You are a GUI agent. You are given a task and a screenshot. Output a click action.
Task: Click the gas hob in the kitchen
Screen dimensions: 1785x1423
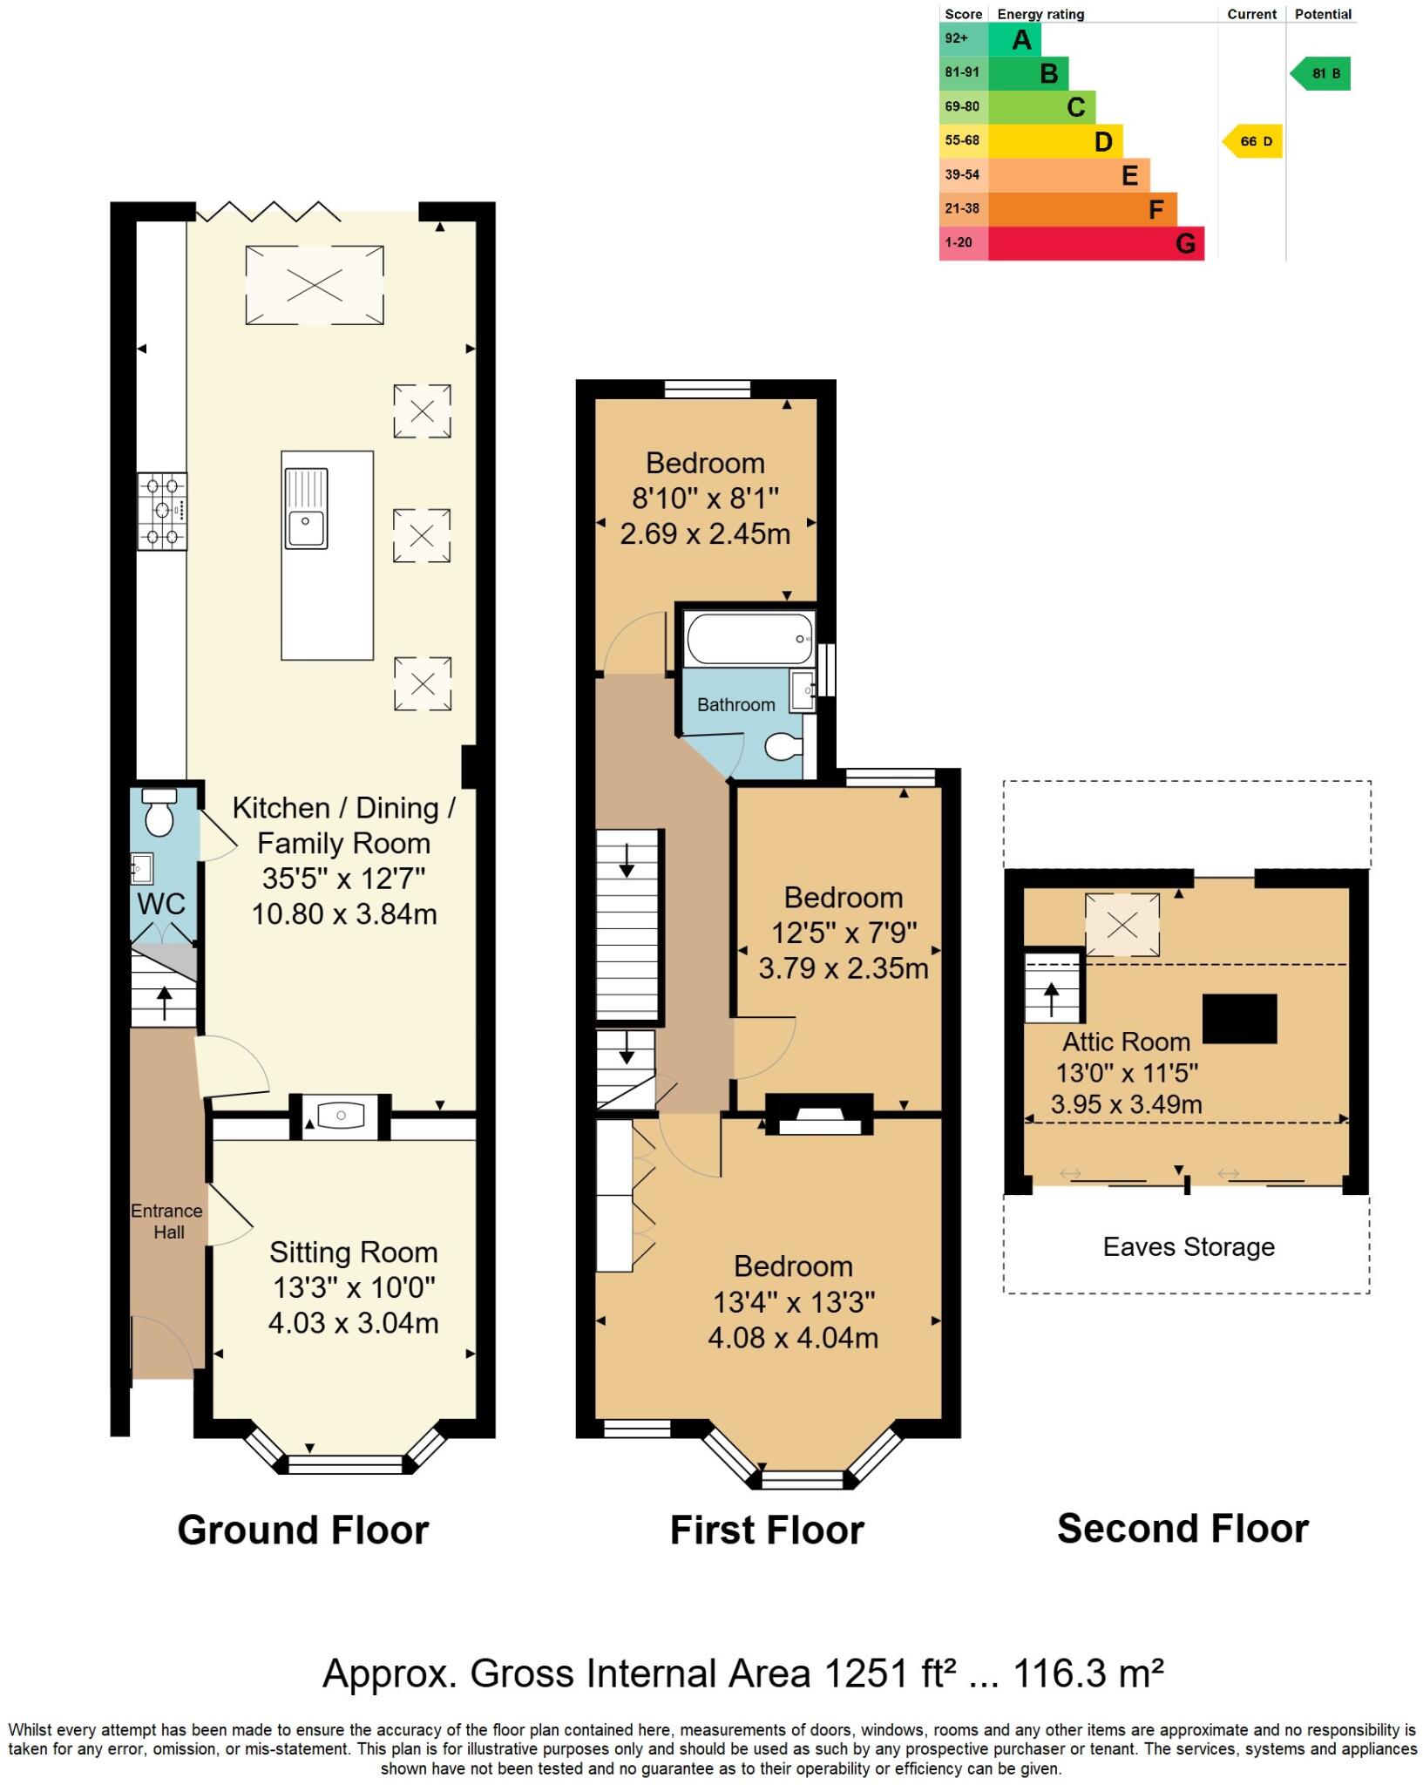162,511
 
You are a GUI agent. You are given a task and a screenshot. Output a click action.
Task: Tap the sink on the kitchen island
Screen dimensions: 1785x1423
306,509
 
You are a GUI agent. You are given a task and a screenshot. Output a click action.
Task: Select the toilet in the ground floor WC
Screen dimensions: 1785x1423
159,814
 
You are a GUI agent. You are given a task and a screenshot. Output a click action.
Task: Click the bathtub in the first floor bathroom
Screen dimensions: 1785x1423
749,639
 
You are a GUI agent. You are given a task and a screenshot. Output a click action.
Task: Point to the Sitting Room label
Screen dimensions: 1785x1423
353,1252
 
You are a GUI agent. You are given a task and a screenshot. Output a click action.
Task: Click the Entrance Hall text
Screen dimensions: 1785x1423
166,1221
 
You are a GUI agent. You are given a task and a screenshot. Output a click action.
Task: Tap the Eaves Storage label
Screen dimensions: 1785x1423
1189,1247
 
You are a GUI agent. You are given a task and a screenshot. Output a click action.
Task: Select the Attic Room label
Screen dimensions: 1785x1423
1126,1042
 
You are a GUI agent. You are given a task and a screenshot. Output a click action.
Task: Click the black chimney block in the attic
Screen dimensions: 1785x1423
1239,1019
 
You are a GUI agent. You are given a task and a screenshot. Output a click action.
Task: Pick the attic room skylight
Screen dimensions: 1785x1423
1122,925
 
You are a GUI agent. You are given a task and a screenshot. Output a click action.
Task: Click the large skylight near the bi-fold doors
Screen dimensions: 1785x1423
315,285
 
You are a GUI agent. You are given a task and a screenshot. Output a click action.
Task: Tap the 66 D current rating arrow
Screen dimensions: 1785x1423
1254,141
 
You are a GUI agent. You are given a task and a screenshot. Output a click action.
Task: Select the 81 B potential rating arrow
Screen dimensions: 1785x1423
1322,74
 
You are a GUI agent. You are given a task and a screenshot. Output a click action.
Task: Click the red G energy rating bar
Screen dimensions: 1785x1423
1095,243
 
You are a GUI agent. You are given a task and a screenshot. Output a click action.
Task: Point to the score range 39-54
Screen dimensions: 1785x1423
962,175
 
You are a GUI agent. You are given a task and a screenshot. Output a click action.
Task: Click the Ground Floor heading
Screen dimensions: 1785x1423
303,1530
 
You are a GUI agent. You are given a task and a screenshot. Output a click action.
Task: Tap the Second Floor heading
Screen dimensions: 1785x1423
1182,1529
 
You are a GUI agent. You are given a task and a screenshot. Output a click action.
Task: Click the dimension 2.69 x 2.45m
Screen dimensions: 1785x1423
705,533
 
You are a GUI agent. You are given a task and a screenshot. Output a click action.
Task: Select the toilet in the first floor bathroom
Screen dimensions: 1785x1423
783,746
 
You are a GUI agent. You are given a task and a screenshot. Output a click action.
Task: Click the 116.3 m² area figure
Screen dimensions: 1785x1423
1088,1673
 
